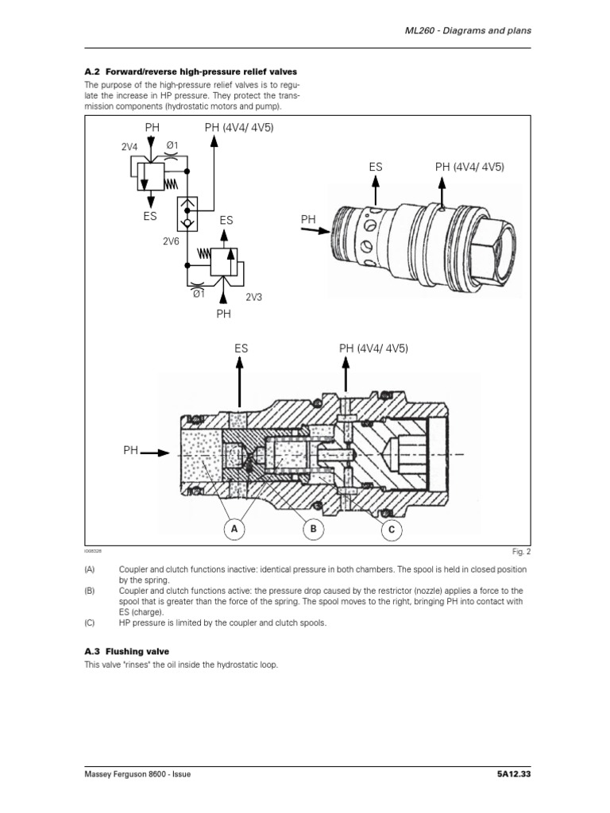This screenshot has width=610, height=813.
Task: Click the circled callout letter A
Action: point(234,528)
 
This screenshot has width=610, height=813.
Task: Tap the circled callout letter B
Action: point(313,528)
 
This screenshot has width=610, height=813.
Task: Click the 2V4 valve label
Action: point(129,146)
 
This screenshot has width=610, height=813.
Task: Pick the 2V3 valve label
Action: point(254,297)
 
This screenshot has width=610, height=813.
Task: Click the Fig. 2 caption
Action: point(522,551)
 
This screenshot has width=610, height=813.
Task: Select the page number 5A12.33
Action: point(508,775)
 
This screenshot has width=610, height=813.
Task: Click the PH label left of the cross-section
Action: point(130,451)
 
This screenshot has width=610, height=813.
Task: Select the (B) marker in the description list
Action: point(88,591)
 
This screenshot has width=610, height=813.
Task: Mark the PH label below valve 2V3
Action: point(224,314)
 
